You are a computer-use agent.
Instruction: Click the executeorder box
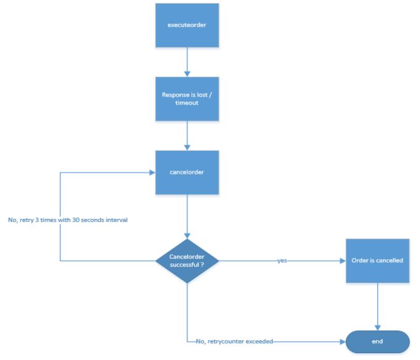pyautogui.click(x=187, y=25)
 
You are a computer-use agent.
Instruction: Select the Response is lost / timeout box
pyautogui.click(x=187, y=99)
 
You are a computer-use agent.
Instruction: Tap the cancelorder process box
pyautogui.click(x=187, y=173)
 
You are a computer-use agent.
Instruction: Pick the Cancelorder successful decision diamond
pyautogui.click(x=187, y=261)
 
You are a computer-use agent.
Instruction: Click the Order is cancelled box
pyautogui.click(x=378, y=261)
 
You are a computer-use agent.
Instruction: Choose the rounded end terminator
pyautogui.click(x=378, y=342)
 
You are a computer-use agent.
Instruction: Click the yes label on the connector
pyautogui.click(x=282, y=260)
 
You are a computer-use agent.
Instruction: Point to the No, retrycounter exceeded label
pyautogui.click(x=234, y=341)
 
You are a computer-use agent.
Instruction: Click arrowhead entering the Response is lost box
pyautogui.click(x=187, y=74)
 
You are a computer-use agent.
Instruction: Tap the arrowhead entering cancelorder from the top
pyautogui.click(x=187, y=148)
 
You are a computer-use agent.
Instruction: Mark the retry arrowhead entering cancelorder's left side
pyautogui.click(x=153, y=173)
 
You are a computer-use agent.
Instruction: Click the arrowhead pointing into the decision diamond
pyautogui.click(x=187, y=236)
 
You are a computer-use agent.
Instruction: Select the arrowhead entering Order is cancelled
pyautogui.click(x=343, y=261)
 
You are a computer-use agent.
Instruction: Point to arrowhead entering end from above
pyautogui.click(x=378, y=328)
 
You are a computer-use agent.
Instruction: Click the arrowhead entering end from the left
pyautogui.click(x=343, y=342)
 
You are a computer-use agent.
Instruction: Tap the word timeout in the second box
pyautogui.click(x=187, y=103)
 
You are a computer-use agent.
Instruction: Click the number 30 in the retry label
pyautogui.click(x=75, y=220)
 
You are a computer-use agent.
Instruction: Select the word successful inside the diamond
pyautogui.click(x=184, y=265)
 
